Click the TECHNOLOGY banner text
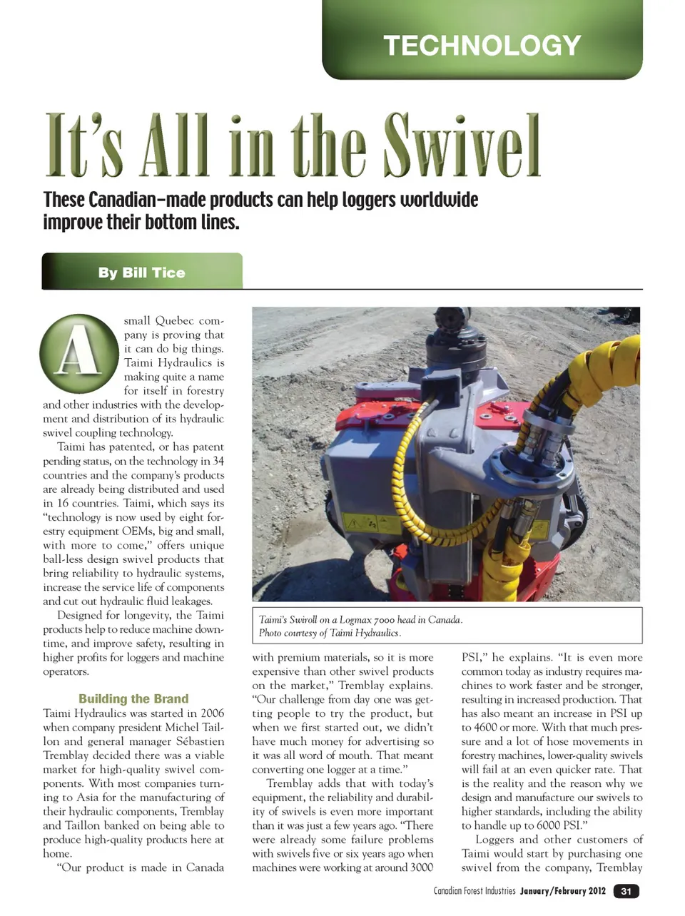pyautogui.click(x=482, y=46)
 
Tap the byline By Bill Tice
pyautogui.click(x=141, y=273)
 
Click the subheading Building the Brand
pyautogui.click(x=133, y=698)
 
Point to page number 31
pyautogui.click(x=626, y=891)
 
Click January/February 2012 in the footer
pyautogui.click(x=562, y=891)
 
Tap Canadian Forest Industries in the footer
pyautogui.click(x=474, y=891)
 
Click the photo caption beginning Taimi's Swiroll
pyautogui.click(x=360, y=619)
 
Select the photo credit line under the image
pyautogui.click(x=330, y=633)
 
